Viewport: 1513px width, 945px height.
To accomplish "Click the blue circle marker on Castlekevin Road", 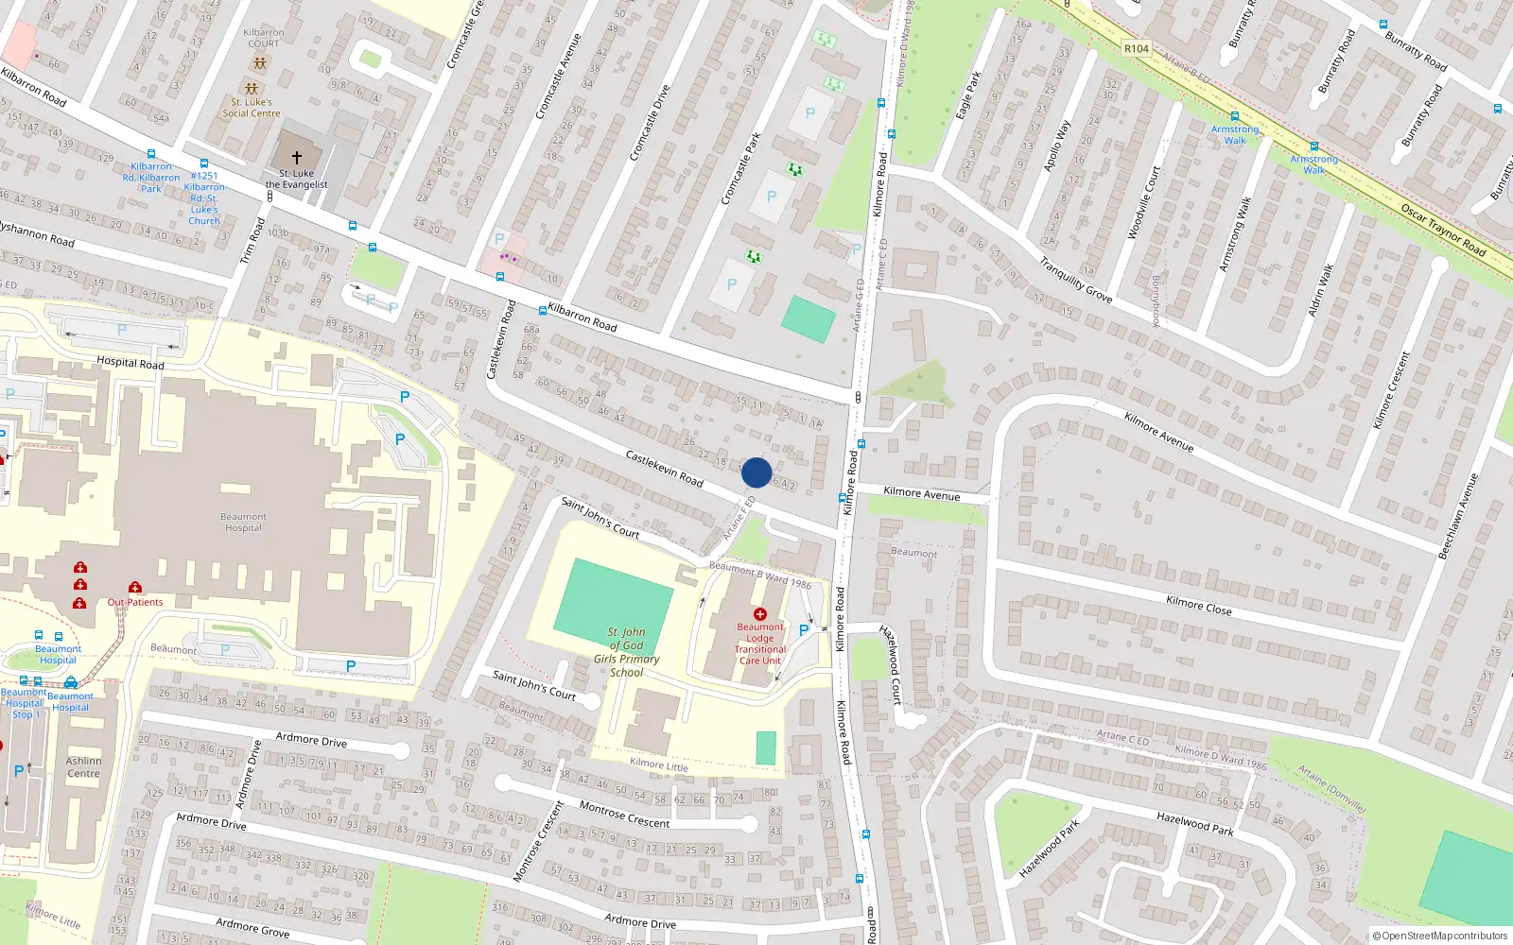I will [x=756, y=472].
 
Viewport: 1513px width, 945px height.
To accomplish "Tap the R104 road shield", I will [x=1137, y=48].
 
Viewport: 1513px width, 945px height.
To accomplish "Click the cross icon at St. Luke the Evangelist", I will [x=297, y=158].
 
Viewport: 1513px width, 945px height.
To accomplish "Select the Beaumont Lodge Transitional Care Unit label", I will [x=760, y=644].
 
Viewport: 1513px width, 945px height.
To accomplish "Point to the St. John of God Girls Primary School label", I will [x=627, y=652].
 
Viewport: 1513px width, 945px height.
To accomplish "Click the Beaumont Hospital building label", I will [x=243, y=523].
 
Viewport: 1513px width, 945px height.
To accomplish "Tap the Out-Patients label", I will [x=135, y=602].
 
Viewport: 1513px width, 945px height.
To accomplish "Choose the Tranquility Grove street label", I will [x=1075, y=280].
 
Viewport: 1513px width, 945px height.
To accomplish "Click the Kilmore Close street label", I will [x=1198, y=605].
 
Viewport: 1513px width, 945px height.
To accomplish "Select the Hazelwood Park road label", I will [x=1194, y=823].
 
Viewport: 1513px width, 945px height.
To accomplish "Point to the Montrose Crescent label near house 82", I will [x=624, y=815].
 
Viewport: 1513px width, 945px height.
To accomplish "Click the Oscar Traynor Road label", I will [x=1443, y=230].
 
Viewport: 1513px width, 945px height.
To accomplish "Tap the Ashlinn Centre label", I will [x=83, y=767].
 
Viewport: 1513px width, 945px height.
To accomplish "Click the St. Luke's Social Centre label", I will [x=252, y=108].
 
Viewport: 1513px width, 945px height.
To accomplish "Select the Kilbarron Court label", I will [x=264, y=38].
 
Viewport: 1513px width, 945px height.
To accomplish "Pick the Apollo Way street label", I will [x=1057, y=146].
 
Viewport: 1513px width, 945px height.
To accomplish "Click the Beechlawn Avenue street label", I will [x=1457, y=516].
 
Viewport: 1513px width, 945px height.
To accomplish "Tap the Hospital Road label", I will [x=130, y=363].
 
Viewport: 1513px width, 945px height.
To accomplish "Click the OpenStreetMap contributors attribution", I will [x=1439, y=936].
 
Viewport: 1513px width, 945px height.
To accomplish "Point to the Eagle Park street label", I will [x=969, y=95].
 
